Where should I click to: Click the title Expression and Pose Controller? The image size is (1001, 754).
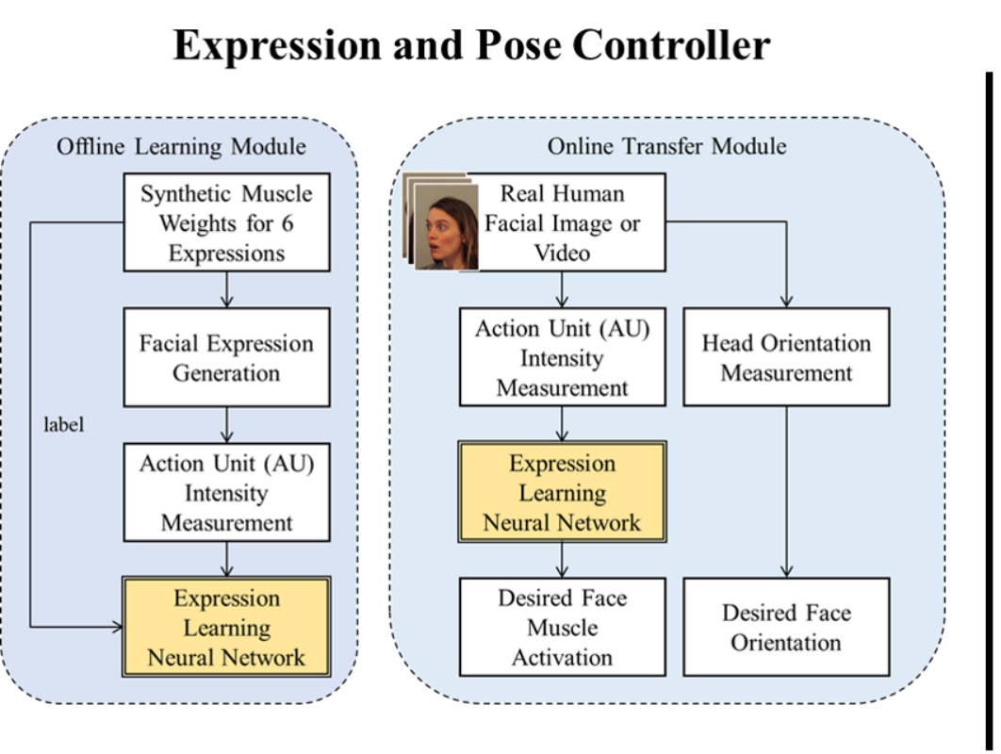(x=472, y=45)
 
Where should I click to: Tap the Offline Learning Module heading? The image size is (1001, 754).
(x=181, y=146)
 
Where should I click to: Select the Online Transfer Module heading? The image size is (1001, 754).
(x=666, y=146)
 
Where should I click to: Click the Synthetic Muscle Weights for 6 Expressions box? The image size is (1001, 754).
(x=226, y=222)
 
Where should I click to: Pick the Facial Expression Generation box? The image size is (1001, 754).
(x=226, y=357)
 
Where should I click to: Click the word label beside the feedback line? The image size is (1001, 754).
(x=63, y=424)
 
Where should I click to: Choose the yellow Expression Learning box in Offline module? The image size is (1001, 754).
(x=226, y=627)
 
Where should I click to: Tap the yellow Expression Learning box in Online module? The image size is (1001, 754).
(x=563, y=492)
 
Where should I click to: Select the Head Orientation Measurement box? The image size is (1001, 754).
(x=786, y=357)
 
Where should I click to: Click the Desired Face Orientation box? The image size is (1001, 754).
(x=786, y=627)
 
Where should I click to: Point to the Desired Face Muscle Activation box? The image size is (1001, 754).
(x=563, y=627)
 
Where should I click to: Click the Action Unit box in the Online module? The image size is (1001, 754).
(x=563, y=357)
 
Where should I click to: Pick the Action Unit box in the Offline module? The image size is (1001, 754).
(x=226, y=492)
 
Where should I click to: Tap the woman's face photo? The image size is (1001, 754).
(x=446, y=226)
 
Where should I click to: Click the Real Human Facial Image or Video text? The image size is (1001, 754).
(x=562, y=223)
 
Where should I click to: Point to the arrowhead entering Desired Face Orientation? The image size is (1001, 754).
(x=786, y=571)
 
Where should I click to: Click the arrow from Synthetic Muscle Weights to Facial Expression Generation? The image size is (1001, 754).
(x=226, y=290)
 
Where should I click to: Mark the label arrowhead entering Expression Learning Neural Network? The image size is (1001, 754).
(x=117, y=627)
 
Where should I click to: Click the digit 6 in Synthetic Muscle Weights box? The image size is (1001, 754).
(x=287, y=223)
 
